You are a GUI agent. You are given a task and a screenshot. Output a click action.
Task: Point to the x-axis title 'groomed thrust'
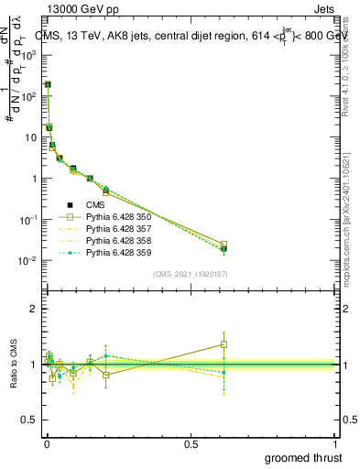click(304, 457)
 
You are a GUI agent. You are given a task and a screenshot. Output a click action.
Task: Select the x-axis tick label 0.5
click(190, 442)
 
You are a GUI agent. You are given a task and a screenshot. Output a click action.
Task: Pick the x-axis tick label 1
click(336, 442)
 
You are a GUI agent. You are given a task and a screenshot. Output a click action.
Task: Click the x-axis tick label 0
click(45, 442)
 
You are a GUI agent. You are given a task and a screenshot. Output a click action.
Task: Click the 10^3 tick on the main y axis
click(27, 55)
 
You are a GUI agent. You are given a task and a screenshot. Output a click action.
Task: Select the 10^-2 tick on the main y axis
click(27, 261)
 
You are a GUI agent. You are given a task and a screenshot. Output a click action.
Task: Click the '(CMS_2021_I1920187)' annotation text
click(190, 273)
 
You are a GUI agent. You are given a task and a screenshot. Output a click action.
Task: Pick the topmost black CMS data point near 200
click(48, 84)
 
